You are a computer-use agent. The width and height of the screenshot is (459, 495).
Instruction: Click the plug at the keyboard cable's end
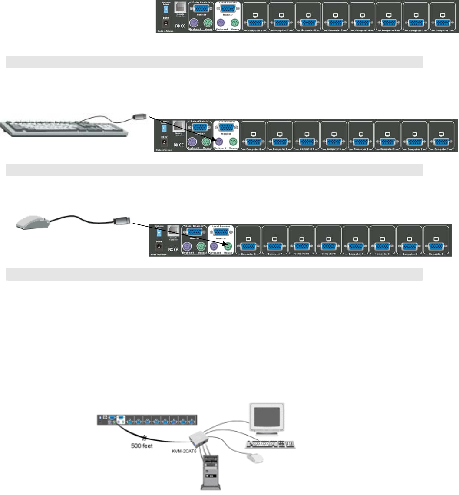(x=139, y=117)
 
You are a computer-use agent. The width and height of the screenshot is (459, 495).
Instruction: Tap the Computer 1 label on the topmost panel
(x=442, y=30)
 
